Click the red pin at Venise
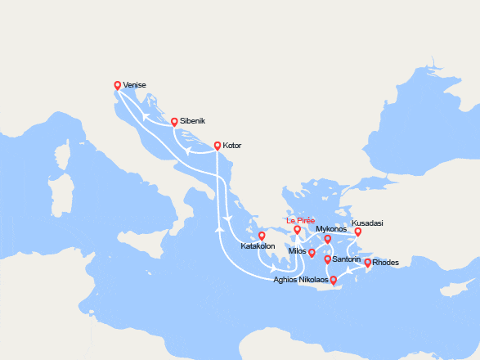pyautogui.click(x=117, y=85)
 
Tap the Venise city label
pyautogui.click(x=135, y=83)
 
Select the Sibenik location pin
pyautogui.click(x=174, y=122)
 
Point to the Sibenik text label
pyautogui.click(x=193, y=120)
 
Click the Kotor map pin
pyautogui.click(x=217, y=146)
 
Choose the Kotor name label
pyautogui.click(x=232, y=145)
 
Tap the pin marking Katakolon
pyautogui.click(x=262, y=236)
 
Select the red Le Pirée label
pyautogui.click(x=300, y=221)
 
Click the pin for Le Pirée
pyautogui.click(x=298, y=230)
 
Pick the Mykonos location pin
pyautogui.click(x=327, y=240)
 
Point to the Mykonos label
pyautogui.click(x=331, y=229)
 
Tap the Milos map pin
pyautogui.click(x=312, y=253)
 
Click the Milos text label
pyautogui.click(x=297, y=251)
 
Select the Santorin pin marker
pyautogui.click(x=328, y=259)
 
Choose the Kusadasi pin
pyautogui.click(x=357, y=232)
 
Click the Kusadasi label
pyautogui.click(x=367, y=223)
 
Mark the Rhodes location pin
pyautogui.click(x=367, y=263)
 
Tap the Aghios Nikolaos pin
pyautogui.click(x=332, y=280)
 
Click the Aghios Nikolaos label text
pyautogui.click(x=300, y=280)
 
